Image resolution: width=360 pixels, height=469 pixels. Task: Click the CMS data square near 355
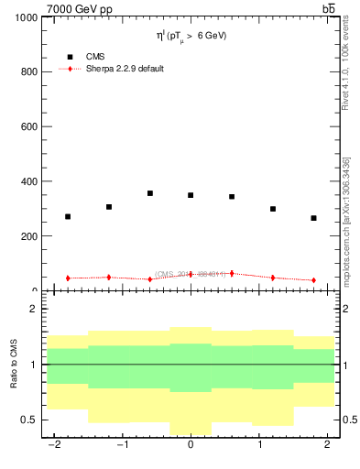point(149,193)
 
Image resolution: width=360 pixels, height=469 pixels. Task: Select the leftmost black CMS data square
point(68,217)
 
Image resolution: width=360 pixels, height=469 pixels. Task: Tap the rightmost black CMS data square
point(313,218)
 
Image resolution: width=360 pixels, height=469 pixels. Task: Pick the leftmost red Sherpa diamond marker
point(68,278)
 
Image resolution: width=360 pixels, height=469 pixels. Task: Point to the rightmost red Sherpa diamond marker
point(313,280)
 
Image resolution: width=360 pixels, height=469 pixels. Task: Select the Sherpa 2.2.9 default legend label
point(125,69)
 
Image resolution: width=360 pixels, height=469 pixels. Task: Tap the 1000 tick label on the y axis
point(25,17)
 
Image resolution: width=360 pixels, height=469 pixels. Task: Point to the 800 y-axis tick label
point(28,72)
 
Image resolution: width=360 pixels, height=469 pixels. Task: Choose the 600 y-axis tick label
point(28,126)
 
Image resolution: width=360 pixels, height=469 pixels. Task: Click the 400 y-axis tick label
point(28,181)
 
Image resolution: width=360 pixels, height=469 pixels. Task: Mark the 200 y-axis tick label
point(28,236)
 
